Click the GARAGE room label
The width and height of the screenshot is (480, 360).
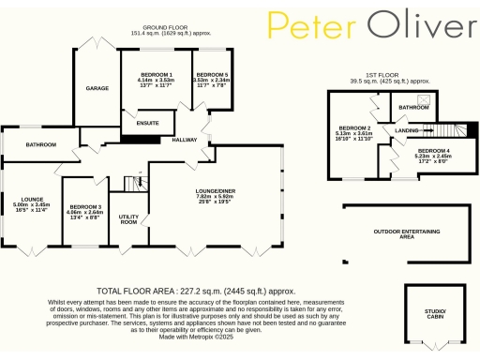click(97, 87)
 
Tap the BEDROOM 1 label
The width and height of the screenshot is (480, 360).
click(156, 74)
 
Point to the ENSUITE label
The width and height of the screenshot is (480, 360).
click(148, 123)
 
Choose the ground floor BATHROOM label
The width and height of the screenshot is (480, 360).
click(42, 144)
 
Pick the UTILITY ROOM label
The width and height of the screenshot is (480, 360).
click(128, 218)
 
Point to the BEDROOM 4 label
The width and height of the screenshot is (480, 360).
click(433, 151)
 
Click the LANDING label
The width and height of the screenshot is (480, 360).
click(406, 130)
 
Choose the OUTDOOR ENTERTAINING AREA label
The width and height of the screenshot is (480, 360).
click(406, 233)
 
